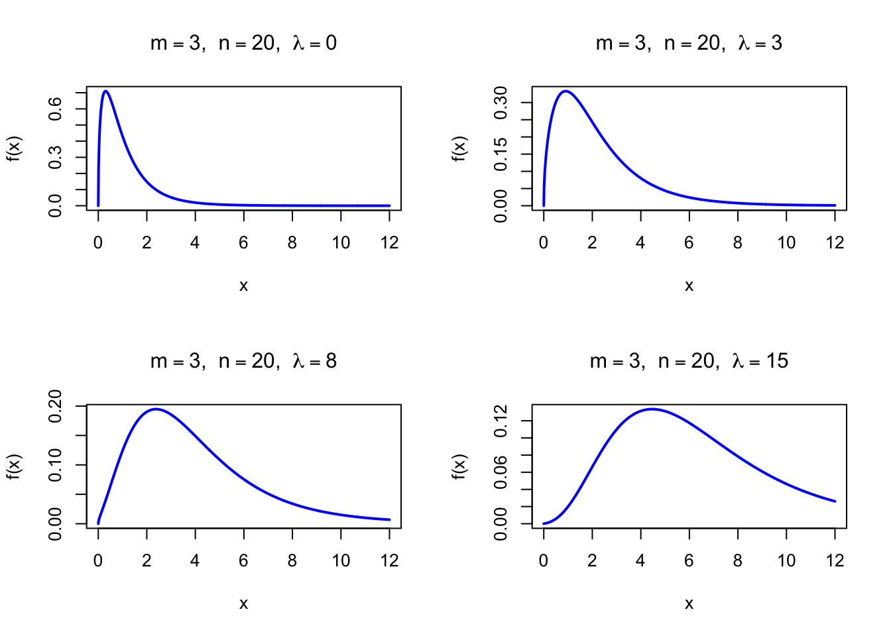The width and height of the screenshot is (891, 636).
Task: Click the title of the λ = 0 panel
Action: tap(243, 44)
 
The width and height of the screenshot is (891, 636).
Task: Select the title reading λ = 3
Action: tap(689, 44)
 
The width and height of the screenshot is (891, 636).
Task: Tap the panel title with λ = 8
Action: tap(243, 362)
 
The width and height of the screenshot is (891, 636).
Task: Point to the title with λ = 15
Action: tap(689, 362)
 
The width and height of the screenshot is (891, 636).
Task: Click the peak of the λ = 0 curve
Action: tap(105, 91)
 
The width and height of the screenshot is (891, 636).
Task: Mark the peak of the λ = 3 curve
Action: tap(565, 91)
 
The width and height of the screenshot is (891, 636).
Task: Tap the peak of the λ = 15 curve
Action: tap(652, 409)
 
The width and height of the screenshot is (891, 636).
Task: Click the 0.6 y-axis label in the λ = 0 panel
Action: tap(56, 109)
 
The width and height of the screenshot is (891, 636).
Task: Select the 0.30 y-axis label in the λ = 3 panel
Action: tap(501, 103)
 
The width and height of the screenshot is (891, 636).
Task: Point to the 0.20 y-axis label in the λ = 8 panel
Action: tap(56, 405)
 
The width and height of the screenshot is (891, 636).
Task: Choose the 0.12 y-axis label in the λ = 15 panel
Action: tap(501, 421)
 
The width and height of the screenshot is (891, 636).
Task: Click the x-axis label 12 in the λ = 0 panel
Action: tap(390, 243)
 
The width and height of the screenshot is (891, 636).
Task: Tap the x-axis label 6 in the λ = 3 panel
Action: tap(689, 243)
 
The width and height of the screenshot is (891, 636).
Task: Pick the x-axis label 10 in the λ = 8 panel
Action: tap(341, 561)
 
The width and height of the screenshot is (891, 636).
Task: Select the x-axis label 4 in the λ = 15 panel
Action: tap(640, 561)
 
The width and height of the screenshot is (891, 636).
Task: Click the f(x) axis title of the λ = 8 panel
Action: tap(15, 466)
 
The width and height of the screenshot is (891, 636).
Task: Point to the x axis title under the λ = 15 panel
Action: tap(689, 604)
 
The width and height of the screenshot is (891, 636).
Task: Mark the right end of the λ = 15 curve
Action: tap(835, 501)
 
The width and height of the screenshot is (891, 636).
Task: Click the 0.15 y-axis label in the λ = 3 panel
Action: tap(501, 154)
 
